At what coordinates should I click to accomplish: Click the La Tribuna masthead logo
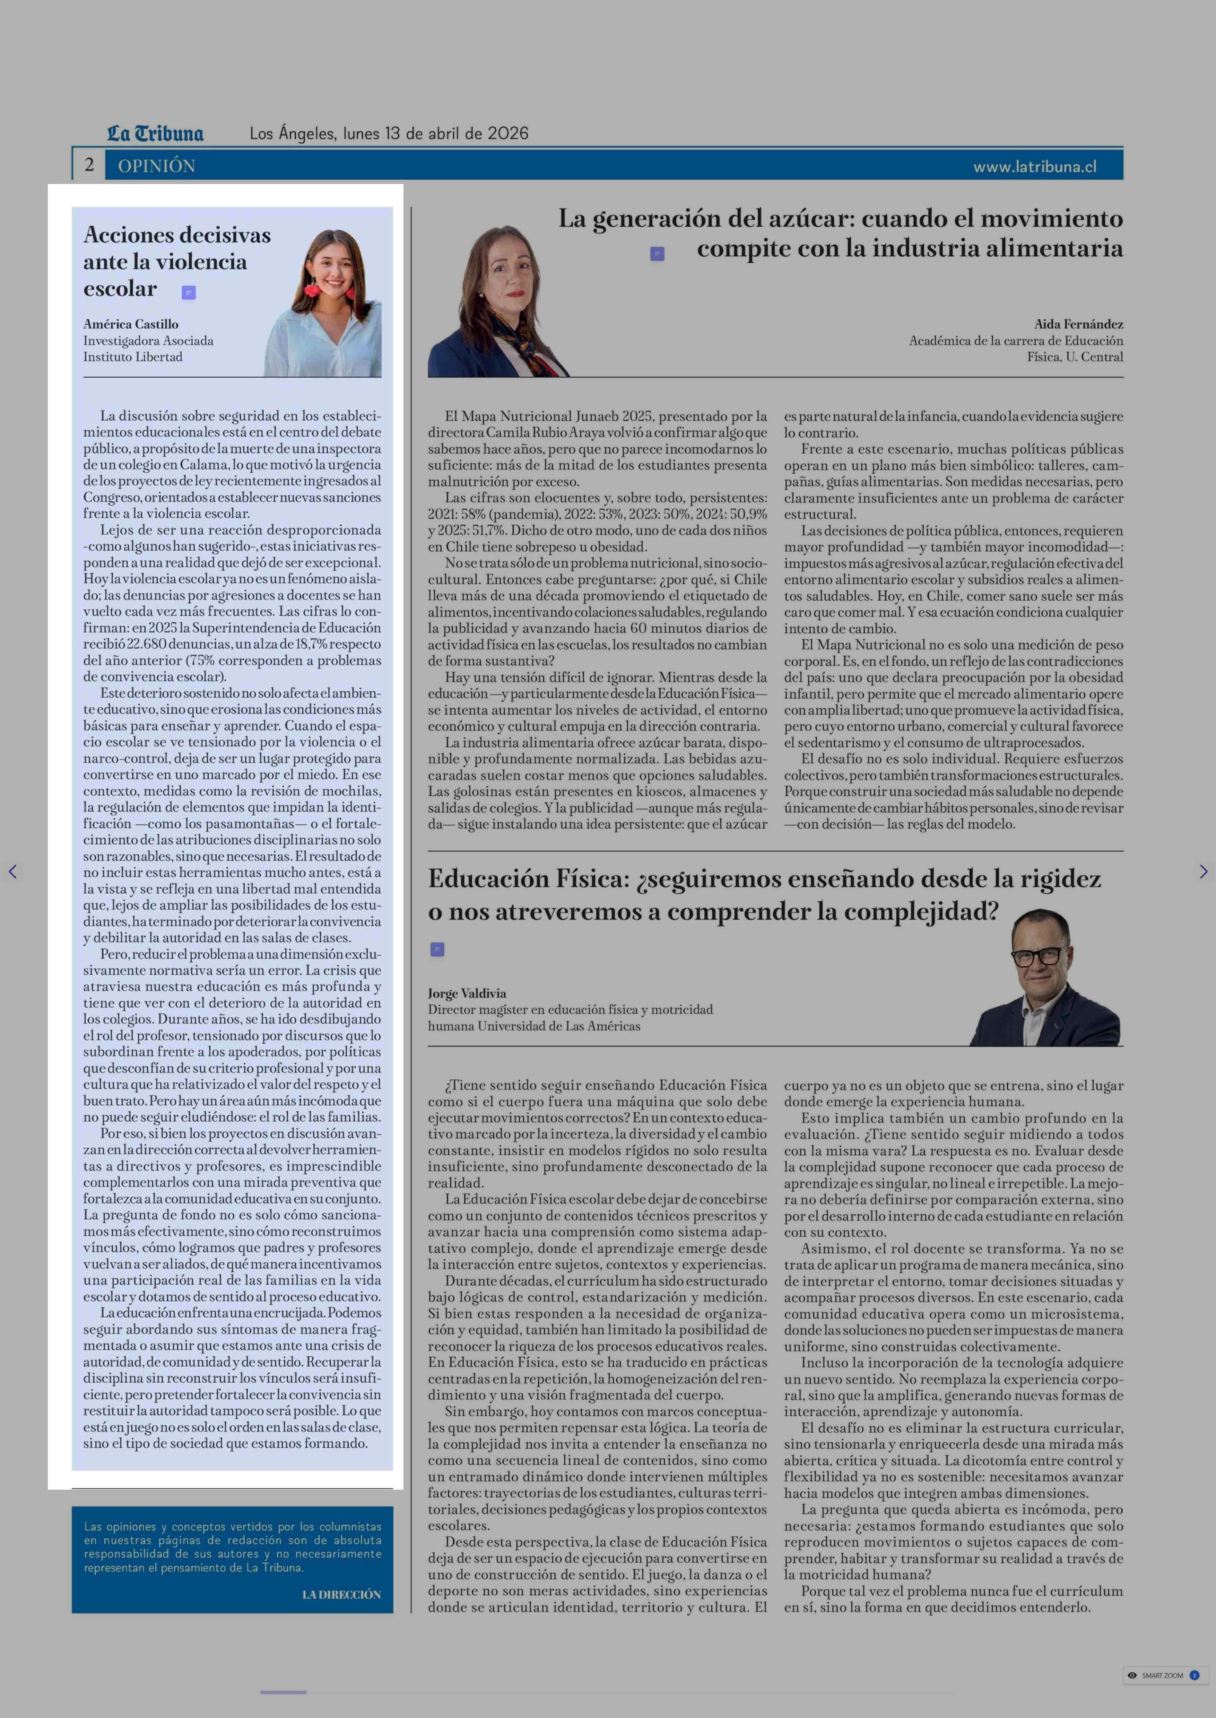tap(155, 134)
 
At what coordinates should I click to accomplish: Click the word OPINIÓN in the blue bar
tap(156, 166)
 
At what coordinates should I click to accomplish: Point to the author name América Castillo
tap(131, 324)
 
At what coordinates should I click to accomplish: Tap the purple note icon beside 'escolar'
tap(189, 293)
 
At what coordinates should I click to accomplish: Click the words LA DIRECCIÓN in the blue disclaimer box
tap(341, 1595)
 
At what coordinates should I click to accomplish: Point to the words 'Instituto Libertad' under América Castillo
tap(132, 357)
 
